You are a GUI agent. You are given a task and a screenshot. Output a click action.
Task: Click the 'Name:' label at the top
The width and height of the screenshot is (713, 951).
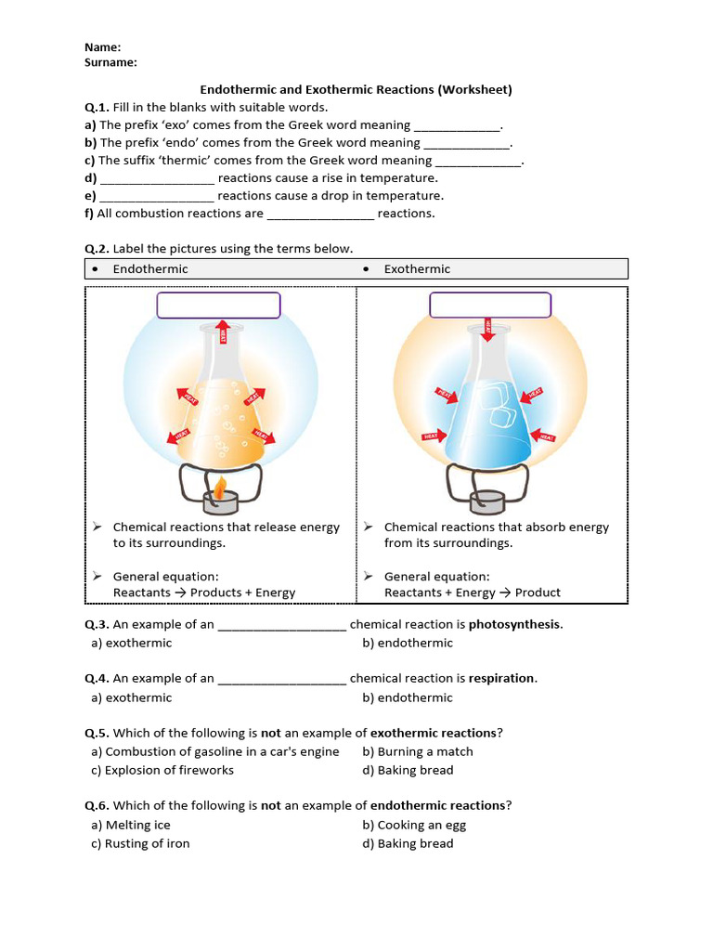[103, 47]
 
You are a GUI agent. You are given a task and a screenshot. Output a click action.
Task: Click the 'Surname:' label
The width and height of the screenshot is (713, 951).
[110, 62]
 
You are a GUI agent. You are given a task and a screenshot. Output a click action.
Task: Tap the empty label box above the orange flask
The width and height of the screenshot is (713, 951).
[218, 306]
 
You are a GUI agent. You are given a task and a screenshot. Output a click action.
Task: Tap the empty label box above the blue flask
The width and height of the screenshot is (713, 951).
[490, 306]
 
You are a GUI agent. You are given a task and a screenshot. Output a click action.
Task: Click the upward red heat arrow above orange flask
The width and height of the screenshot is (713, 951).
[223, 332]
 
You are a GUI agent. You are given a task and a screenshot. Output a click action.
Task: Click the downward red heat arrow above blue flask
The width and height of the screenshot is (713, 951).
[486, 332]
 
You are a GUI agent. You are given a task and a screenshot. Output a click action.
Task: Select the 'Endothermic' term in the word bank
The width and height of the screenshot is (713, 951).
[150, 269]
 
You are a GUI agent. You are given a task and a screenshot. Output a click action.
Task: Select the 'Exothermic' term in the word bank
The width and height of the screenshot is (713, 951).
[417, 269]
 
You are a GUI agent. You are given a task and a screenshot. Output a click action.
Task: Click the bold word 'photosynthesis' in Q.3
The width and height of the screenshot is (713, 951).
[514, 624]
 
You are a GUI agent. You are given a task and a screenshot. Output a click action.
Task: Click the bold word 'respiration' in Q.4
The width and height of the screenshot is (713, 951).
[502, 678]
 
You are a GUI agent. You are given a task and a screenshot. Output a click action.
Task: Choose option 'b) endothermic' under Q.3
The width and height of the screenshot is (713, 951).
[408, 643]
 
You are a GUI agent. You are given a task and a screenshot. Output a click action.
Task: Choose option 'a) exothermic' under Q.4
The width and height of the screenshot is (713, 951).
[132, 697]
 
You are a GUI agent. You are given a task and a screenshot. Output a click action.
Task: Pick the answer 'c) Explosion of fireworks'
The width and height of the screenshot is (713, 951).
[162, 770]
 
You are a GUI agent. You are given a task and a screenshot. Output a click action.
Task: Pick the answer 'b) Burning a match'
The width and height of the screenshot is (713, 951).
[418, 751]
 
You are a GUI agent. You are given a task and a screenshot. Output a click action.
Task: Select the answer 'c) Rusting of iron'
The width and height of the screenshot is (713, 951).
[140, 843]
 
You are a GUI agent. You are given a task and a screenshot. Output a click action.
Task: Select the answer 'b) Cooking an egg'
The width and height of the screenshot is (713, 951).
[414, 825]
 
